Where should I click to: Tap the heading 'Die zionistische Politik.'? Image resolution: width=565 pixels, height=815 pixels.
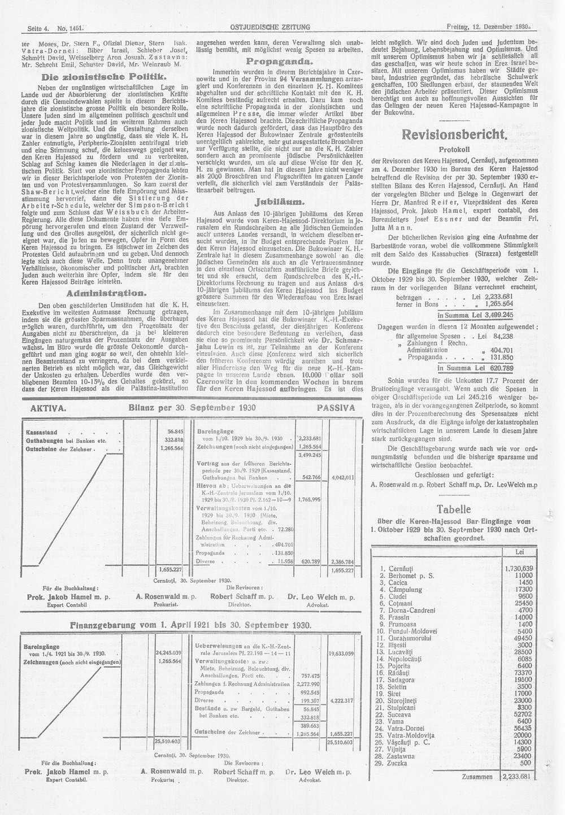tap(107, 76)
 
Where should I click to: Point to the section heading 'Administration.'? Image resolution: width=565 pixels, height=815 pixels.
tap(107, 293)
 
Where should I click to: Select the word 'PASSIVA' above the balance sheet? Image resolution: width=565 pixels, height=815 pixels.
tap(336, 407)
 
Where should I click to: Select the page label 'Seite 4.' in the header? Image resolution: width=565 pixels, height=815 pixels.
tap(37, 27)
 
